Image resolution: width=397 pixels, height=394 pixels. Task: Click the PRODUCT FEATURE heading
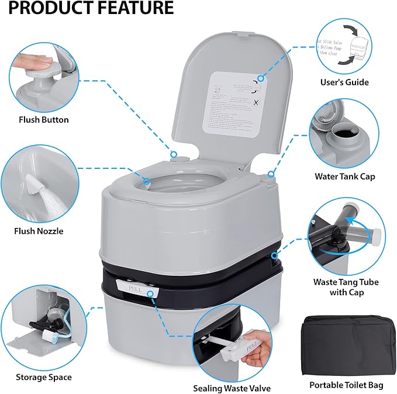click(87, 8)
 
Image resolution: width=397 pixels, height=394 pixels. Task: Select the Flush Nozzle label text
click(39, 231)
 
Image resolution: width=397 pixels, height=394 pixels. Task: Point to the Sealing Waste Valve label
click(232, 388)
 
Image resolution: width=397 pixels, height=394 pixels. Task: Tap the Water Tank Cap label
click(344, 176)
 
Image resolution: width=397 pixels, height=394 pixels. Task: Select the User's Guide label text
click(344, 82)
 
